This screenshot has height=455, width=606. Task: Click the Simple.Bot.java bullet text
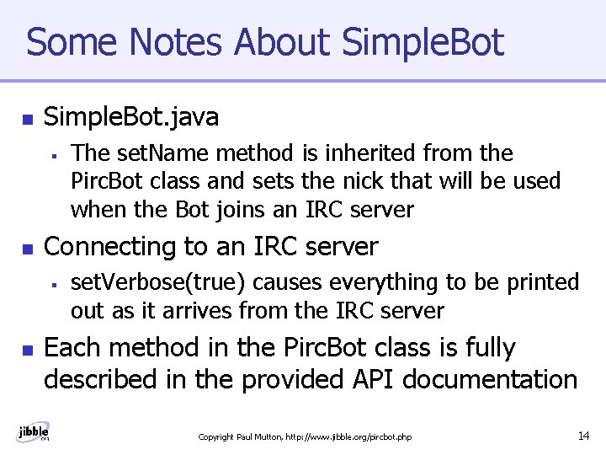[x=130, y=117]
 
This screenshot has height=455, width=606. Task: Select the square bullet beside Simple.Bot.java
[x=26, y=118]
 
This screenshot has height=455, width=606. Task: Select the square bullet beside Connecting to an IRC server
[x=26, y=249]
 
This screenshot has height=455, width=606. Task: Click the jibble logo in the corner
[x=33, y=431]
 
